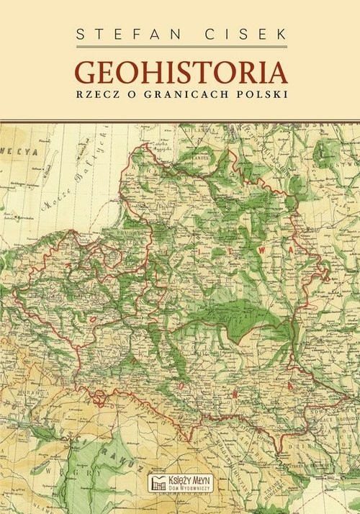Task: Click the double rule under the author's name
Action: click(x=180, y=47)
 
